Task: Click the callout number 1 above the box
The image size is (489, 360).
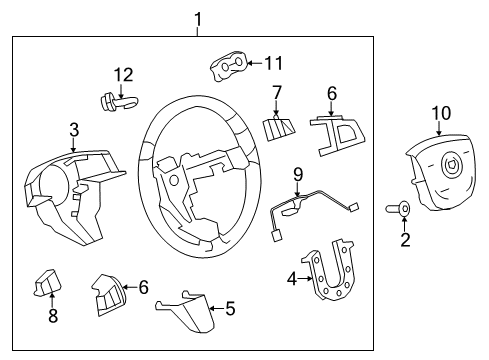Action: click(x=197, y=17)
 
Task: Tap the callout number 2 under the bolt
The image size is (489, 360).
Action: click(x=405, y=240)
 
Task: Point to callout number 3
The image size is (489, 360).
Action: click(x=73, y=129)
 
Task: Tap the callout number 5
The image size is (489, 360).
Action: click(x=230, y=309)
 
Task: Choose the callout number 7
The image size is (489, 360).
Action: click(x=277, y=94)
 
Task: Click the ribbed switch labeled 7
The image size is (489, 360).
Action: click(x=276, y=129)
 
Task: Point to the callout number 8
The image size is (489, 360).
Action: click(x=53, y=316)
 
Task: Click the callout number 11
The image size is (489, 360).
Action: click(x=273, y=63)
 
